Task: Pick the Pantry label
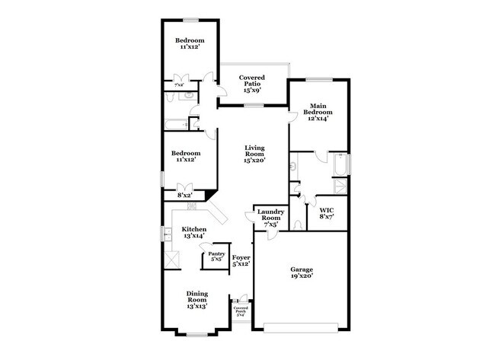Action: coord(217,254)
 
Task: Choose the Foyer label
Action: coord(241,258)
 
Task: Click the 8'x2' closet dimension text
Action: coord(184,195)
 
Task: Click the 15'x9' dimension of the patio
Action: coord(252,90)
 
